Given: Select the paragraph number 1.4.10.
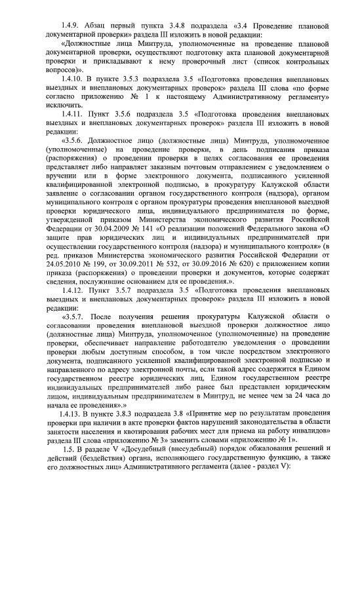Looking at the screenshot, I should coord(71,79).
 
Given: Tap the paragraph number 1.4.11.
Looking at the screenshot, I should coord(71,113).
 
